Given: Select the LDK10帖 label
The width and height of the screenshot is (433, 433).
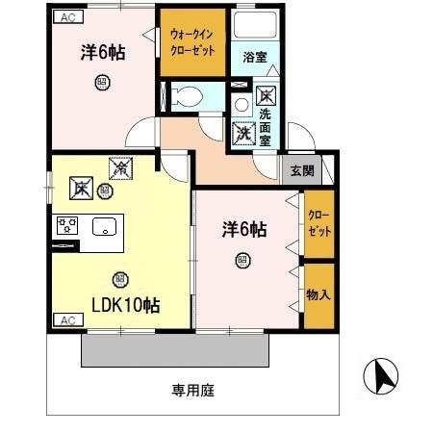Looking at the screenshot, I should click(x=125, y=305).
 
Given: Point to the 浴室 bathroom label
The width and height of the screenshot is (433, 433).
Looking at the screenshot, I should click(x=254, y=56).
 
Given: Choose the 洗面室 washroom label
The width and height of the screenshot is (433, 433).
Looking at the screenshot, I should click(x=266, y=126).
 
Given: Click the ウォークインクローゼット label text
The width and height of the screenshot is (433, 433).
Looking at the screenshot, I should click(x=192, y=41).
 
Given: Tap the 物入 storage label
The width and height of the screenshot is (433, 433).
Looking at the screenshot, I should click(x=318, y=294).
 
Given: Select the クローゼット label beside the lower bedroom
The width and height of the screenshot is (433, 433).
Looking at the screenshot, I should click(x=318, y=225).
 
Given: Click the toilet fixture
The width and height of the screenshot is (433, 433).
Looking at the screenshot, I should click(x=187, y=95).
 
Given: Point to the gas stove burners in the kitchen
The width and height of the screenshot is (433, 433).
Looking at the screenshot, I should click(x=67, y=227).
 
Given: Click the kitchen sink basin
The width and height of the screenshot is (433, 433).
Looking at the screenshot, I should click(x=103, y=227).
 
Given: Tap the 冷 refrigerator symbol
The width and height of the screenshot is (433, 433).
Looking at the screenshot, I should click(x=121, y=168).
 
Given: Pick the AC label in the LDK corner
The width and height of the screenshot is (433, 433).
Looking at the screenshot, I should click(x=66, y=318).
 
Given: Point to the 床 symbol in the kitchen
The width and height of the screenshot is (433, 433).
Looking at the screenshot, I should click(x=80, y=187).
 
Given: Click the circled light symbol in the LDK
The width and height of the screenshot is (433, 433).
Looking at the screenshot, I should click(x=119, y=279).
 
